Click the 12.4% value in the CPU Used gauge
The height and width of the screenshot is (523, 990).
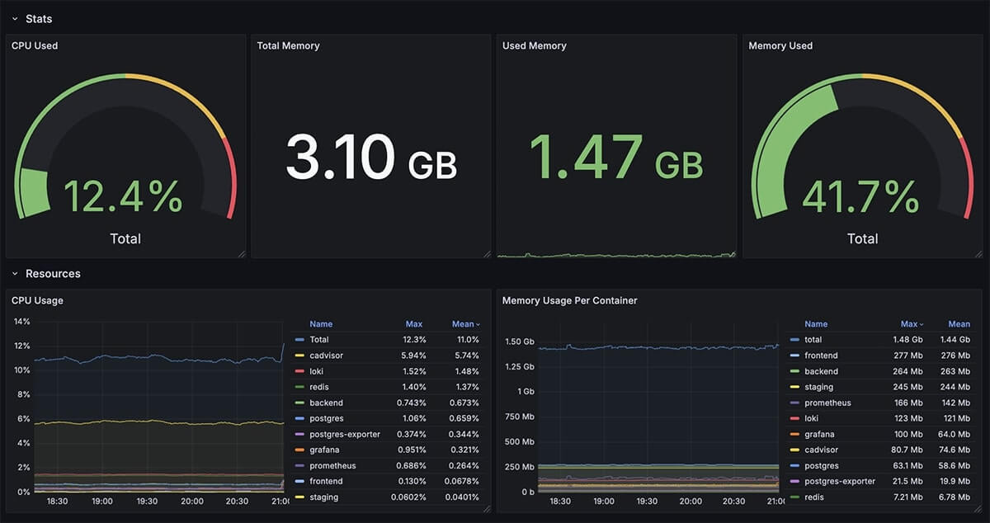point(122,196)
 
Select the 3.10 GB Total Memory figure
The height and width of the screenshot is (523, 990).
point(370,158)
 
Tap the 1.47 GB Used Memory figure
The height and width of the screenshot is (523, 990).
point(615,158)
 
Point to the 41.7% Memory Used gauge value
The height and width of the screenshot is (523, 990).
point(860,196)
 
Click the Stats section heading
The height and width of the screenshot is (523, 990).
point(39,18)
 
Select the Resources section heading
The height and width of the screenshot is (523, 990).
point(53,273)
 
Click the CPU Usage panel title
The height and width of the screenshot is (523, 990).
point(37,300)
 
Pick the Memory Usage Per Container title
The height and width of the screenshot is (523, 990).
point(569,300)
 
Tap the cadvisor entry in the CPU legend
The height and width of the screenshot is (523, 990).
point(326,356)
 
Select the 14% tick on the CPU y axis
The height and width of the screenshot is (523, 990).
point(21,322)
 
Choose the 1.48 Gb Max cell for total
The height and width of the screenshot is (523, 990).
point(907,340)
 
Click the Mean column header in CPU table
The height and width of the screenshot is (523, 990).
point(464,324)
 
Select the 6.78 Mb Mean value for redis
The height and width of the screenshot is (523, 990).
point(955,497)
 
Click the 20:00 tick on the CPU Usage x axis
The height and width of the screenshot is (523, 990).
point(191,501)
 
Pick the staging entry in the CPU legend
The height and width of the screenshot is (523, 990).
point(324,497)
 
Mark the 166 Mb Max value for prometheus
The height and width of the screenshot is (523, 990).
point(909,403)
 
